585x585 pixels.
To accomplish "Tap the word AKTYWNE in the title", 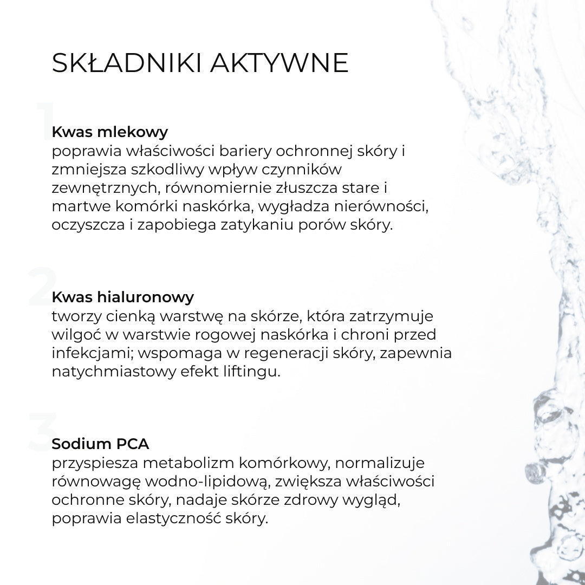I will coord(278,63).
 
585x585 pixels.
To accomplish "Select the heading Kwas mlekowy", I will coord(110,132).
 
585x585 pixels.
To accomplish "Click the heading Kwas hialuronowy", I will coord(123,297).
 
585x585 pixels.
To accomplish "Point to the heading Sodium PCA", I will coord(100,444).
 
